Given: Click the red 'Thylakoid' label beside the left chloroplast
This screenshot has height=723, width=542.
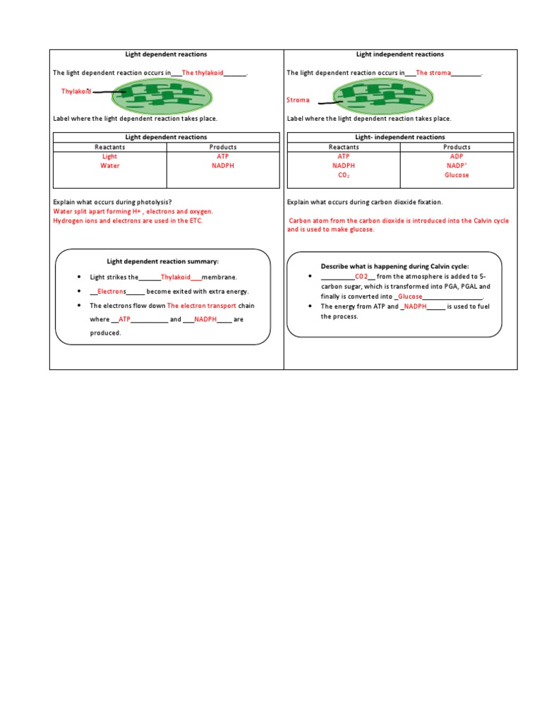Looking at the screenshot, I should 76,92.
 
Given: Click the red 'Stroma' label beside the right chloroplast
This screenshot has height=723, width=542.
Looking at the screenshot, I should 298,100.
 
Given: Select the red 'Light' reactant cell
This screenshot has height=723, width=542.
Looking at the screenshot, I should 110,157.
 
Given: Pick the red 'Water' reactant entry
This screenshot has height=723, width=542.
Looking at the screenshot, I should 110,166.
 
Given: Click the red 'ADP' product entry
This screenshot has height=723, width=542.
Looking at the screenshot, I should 457,157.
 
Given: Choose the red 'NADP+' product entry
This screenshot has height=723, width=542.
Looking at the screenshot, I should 457,166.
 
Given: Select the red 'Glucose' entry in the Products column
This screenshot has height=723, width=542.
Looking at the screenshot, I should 457,175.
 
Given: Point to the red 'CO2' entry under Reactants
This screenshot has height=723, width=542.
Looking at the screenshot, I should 344,175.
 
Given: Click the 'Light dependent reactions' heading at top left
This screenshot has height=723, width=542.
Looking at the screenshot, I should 166,54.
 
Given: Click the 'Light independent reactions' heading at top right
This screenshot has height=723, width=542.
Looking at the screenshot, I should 400,54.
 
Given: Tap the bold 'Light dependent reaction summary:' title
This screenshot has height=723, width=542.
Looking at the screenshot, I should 162,261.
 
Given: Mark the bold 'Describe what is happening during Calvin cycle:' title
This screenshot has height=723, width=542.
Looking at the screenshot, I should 395,266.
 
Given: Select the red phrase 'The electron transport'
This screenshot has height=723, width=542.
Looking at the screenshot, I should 201,306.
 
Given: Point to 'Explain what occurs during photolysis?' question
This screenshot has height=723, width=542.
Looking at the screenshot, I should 113,202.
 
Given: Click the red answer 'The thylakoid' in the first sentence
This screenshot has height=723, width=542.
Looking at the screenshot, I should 203,73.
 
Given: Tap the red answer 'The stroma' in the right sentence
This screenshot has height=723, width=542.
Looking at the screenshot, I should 433,73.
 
